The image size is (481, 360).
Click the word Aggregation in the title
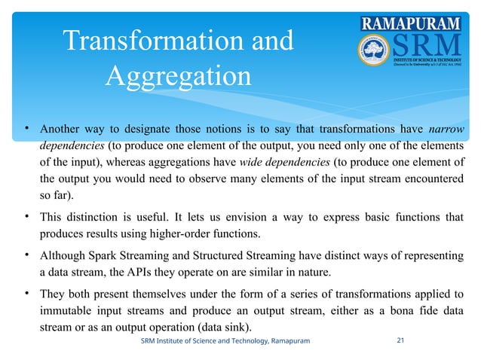(x=178, y=75)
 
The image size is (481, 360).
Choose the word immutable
(x=66, y=309)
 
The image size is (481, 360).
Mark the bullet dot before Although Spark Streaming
(x=26, y=254)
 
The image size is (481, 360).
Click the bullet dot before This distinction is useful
(x=26, y=217)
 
